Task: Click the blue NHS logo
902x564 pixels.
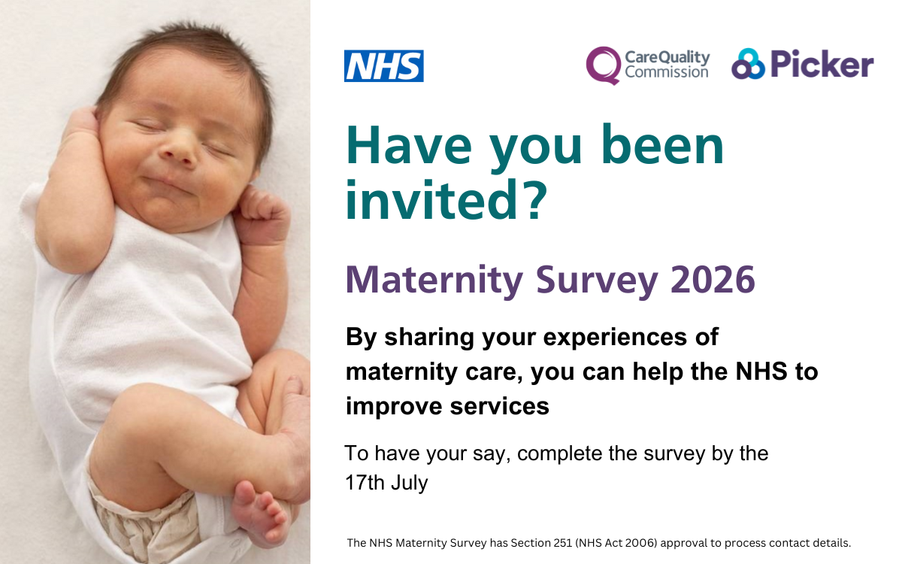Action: [x=384, y=65]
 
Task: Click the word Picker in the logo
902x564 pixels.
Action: [x=822, y=65]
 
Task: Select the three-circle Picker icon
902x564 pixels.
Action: [x=748, y=64]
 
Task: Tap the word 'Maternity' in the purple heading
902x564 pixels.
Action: [x=434, y=280]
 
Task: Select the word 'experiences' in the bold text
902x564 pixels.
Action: [x=615, y=338]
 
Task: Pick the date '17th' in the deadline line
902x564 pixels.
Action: [x=365, y=482]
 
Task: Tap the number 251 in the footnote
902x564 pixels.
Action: [x=563, y=543]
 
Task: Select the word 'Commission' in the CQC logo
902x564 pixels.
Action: [x=667, y=72]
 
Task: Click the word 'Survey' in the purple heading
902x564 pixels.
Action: [x=597, y=281]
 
